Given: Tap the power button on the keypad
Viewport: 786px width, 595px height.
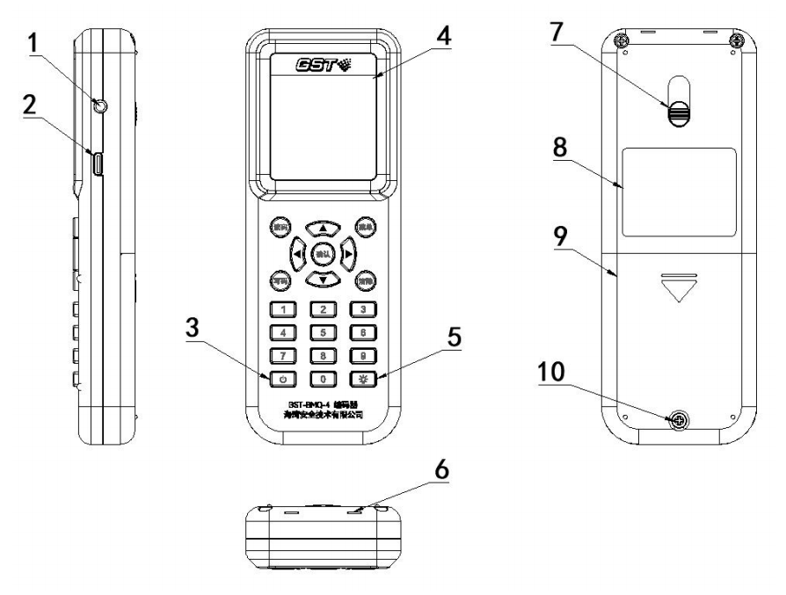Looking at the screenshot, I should click(x=283, y=381).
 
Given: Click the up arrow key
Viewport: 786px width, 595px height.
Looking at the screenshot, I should click(x=324, y=229).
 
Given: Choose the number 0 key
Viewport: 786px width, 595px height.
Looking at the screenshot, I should click(x=324, y=381).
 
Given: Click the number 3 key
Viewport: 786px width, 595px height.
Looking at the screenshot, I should click(x=363, y=309).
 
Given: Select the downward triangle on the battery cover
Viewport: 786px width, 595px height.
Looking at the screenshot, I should click(x=677, y=288).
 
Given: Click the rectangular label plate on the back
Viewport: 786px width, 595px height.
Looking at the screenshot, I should click(x=678, y=192).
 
